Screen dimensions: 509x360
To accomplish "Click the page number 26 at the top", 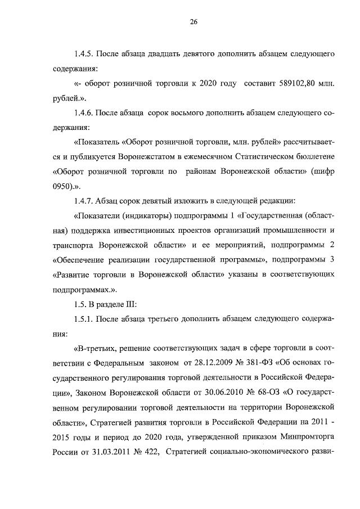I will pos(193,22).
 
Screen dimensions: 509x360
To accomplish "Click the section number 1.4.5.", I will pos(84,55).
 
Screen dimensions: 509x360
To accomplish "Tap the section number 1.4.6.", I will pos(84,113).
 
